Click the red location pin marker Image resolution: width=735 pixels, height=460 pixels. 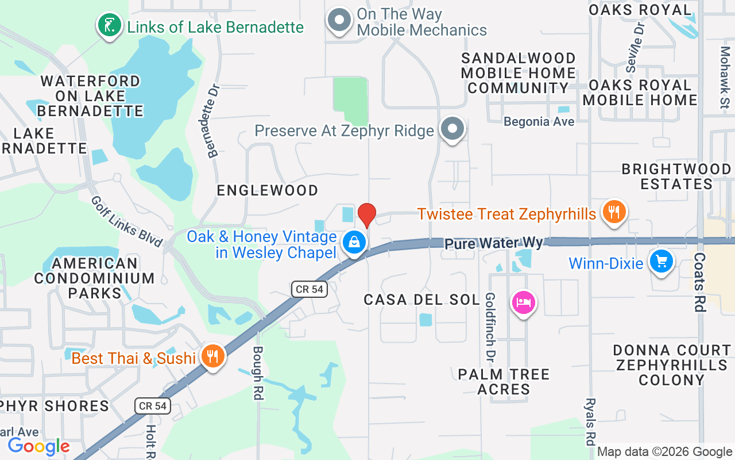click(x=366, y=215)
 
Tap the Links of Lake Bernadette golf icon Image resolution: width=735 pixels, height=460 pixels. click(x=109, y=25)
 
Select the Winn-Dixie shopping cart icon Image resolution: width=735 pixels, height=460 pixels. click(x=661, y=262)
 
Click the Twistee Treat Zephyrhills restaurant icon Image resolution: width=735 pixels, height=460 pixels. click(x=614, y=212)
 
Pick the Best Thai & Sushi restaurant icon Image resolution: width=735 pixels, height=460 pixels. click(x=213, y=357)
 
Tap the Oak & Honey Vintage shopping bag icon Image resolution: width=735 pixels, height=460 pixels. click(x=355, y=243)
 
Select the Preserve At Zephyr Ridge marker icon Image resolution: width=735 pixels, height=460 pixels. click(x=452, y=129)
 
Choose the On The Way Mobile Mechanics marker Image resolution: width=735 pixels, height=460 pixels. click(x=339, y=21)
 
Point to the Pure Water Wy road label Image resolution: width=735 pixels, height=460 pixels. click(x=494, y=243)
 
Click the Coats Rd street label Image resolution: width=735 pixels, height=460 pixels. click(x=699, y=282)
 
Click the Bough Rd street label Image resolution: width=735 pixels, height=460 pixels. click(x=258, y=373)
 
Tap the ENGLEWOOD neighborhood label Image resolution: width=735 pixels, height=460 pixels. click(x=267, y=190)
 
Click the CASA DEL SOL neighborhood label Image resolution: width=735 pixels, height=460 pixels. click(x=421, y=300)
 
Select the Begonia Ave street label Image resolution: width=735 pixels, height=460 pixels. click(x=539, y=122)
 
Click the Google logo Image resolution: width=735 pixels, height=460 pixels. click(x=38, y=446)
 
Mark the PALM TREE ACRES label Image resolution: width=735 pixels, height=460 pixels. click(x=504, y=382)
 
